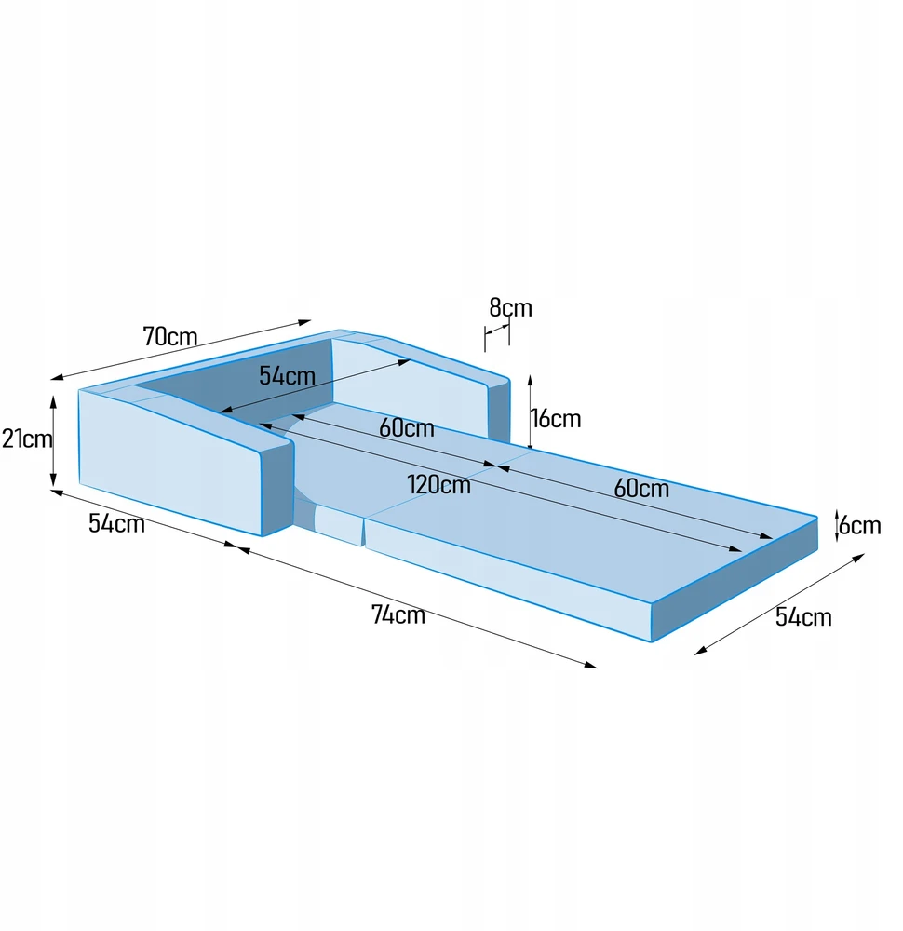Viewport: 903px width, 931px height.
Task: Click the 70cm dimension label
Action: click(169, 337)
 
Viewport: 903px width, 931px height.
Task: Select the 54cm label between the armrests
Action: click(287, 375)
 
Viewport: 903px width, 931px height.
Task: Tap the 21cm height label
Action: click(27, 439)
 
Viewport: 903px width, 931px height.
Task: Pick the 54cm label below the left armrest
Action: click(116, 523)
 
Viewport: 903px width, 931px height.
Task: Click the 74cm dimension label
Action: click(398, 614)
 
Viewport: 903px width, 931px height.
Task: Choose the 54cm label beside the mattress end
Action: click(803, 617)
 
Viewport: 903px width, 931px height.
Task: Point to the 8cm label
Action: click(510, 307)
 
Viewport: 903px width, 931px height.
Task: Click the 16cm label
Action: click(557, 419)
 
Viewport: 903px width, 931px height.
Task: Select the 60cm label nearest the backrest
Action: click(407, 427)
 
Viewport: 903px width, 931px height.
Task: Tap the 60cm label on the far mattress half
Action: click(641, 488)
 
